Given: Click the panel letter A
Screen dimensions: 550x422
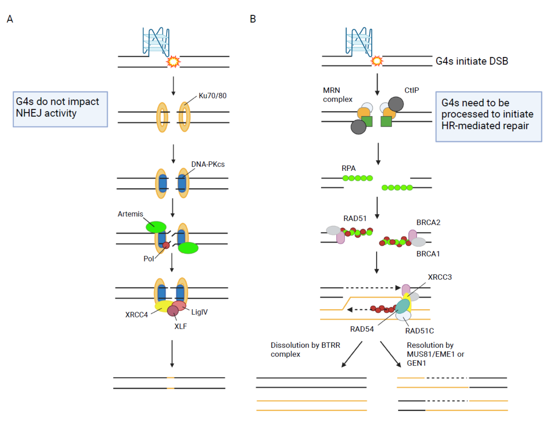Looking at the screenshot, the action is [x=10, y=19].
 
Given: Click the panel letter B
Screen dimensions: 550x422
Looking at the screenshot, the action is [x=253, y=19].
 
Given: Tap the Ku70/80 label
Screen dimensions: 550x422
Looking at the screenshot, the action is [x=212, y=96].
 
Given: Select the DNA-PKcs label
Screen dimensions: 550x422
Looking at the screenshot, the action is [x=208, y=164].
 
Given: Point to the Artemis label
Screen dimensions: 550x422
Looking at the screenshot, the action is [x=130, y=214].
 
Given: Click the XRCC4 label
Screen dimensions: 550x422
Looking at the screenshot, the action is [x=137, y=315].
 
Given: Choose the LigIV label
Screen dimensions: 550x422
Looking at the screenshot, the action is [x=199, y=312].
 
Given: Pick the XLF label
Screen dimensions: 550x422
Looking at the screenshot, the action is [x=180, y=326].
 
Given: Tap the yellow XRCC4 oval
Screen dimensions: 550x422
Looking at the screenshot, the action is [x=163, y=306].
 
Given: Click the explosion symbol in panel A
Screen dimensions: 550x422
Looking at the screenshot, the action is [x=173, y=62].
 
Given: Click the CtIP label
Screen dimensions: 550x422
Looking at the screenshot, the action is [x=412, y=90].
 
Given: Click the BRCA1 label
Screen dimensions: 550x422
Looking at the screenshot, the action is [x=428, y=254].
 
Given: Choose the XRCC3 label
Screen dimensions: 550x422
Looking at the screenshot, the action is [x=440, y=277].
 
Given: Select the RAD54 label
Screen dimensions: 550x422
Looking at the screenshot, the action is [x=362, y=329].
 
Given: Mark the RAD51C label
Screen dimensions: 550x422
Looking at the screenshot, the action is [x=419, y=331].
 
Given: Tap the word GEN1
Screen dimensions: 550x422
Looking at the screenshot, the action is [x=416, y=363].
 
